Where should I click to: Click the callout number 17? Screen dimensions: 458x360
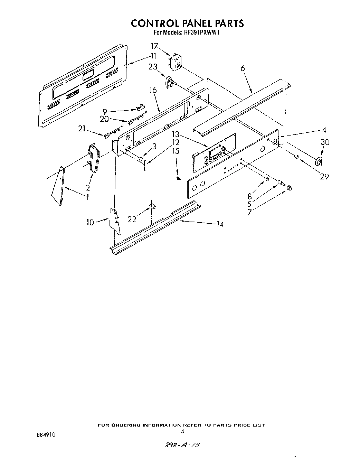click(x=154, y=46)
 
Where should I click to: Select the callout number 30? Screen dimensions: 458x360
click(x=325, y=142)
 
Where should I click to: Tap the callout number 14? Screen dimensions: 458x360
click(x=220, y=225)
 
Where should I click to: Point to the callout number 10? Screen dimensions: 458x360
click(x=90, y=222)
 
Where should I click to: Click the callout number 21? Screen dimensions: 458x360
click(x=82, y=129)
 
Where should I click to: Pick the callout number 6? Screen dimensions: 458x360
click(x=243, y=68)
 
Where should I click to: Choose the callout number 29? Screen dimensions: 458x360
click(x=324, y=176)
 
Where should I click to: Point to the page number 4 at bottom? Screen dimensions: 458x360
click(x=182, y=431)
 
